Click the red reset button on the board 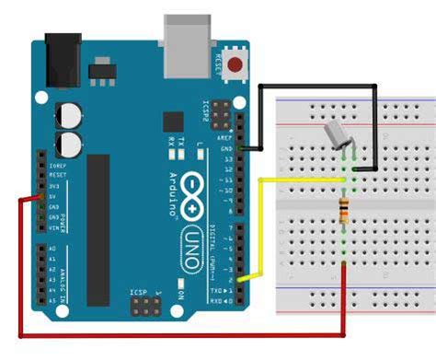[236, 64]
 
